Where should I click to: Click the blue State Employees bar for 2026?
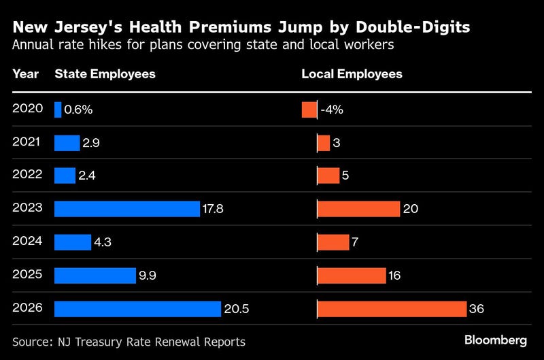pos(137,308)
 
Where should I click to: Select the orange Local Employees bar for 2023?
pos(358,209)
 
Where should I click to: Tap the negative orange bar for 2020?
pos(309,110)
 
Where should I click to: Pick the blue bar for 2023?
pos(127,209)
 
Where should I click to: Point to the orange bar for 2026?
pos(392,308)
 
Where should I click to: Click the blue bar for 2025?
pos(95,275)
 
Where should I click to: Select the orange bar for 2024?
pos(333,242)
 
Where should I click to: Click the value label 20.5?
pos(237,309)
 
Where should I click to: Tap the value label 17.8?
pos(213,209)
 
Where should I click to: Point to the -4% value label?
pos(332,110)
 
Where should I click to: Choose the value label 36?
pos(477,309)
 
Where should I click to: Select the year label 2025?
pos(27,275)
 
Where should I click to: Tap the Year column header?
pos(25,73)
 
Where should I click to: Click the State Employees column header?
pos(105,73)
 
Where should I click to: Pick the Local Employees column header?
pos(352,73)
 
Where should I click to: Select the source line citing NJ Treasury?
pos(129,341)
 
